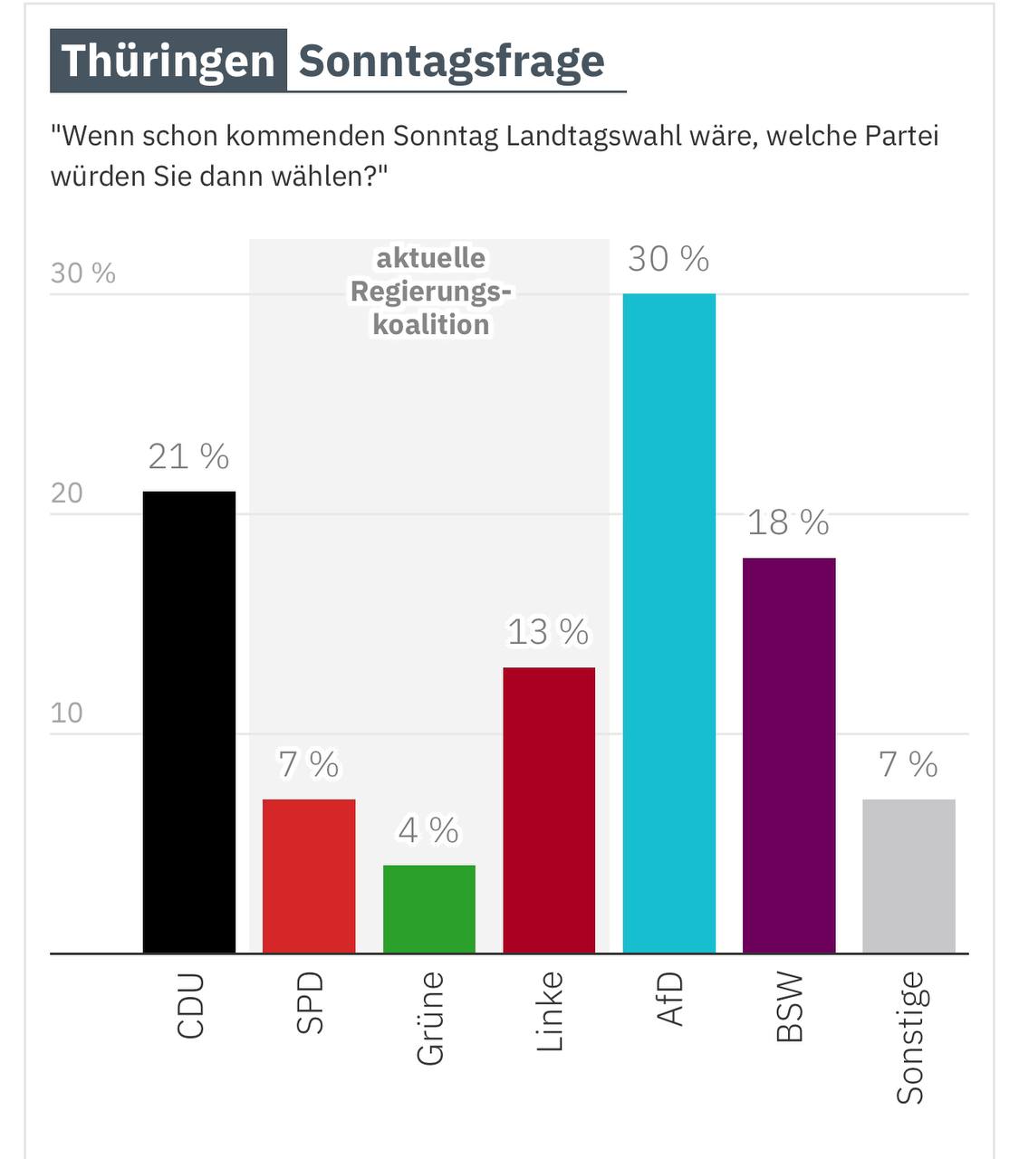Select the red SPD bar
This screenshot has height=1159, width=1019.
point(309,876)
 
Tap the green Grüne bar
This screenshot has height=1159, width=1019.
point(429,909)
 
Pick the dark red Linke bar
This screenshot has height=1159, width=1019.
point(549,809)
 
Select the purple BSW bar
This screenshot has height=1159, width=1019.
point(789,755)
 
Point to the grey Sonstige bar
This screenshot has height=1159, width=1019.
point(908,876)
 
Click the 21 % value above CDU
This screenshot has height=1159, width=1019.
point(188,456)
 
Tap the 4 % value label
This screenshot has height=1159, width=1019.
point(428,830)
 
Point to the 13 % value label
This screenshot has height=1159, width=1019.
point(548,632)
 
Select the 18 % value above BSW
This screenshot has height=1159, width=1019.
point(788,522)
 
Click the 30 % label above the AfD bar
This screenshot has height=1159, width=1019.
point(668,259)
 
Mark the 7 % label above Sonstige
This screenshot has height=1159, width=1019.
point(908,764)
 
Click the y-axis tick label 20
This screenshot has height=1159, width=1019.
point(66,493)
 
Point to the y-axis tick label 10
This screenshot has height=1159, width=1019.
point(66,713)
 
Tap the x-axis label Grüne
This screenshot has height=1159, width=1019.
point(430,1018)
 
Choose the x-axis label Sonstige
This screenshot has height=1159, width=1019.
point(910,1038)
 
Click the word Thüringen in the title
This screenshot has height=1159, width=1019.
point(168,62)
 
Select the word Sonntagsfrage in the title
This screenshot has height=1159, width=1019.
point(451,62)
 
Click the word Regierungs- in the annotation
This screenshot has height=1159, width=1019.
point(431,292)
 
